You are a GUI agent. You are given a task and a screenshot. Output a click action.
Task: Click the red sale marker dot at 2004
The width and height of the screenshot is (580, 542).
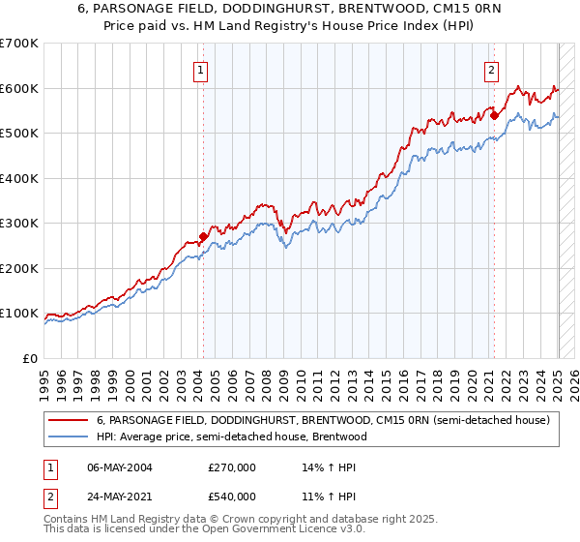[x=204, y=236]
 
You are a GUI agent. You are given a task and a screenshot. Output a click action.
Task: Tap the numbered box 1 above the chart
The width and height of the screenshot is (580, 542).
[x=200, y=69]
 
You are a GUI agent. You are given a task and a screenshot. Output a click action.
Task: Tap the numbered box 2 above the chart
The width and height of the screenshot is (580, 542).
[x=491, y=69]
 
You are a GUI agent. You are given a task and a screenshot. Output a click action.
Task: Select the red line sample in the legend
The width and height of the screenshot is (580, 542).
[x=69, y=421]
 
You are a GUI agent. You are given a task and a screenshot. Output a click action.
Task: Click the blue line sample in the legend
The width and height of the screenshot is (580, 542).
[x=69, y=437]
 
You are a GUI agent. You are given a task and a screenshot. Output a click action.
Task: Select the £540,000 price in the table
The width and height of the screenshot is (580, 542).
[x=232, y=497]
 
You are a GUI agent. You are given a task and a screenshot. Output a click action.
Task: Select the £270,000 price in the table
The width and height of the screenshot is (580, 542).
[x=232, y=467]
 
